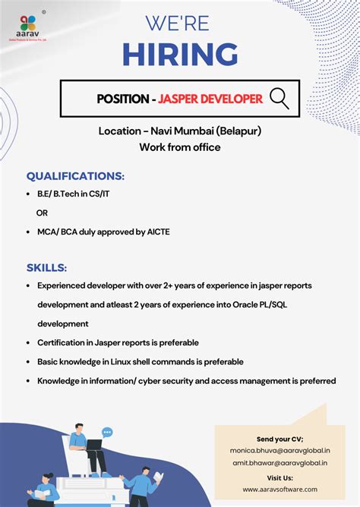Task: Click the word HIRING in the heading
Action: pos(180,54)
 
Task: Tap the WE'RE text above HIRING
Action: pos(180,23)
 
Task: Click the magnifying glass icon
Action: pos(279,98)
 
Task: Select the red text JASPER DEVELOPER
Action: pos(211,99)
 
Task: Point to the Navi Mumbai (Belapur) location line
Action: pos(180,131)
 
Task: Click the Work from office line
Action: pos(180,147)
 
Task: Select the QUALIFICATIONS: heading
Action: pos(75,175)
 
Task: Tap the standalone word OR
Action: pos(43,213)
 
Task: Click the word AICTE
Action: pos(156,231)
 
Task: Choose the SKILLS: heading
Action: pos(46,267)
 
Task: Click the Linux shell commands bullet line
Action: pos(140,361)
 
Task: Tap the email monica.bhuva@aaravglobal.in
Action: pos(280,450)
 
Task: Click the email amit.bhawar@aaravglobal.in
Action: pos(280,462)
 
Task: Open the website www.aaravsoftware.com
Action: pos(280,490)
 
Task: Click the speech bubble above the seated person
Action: pos(107,432)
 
